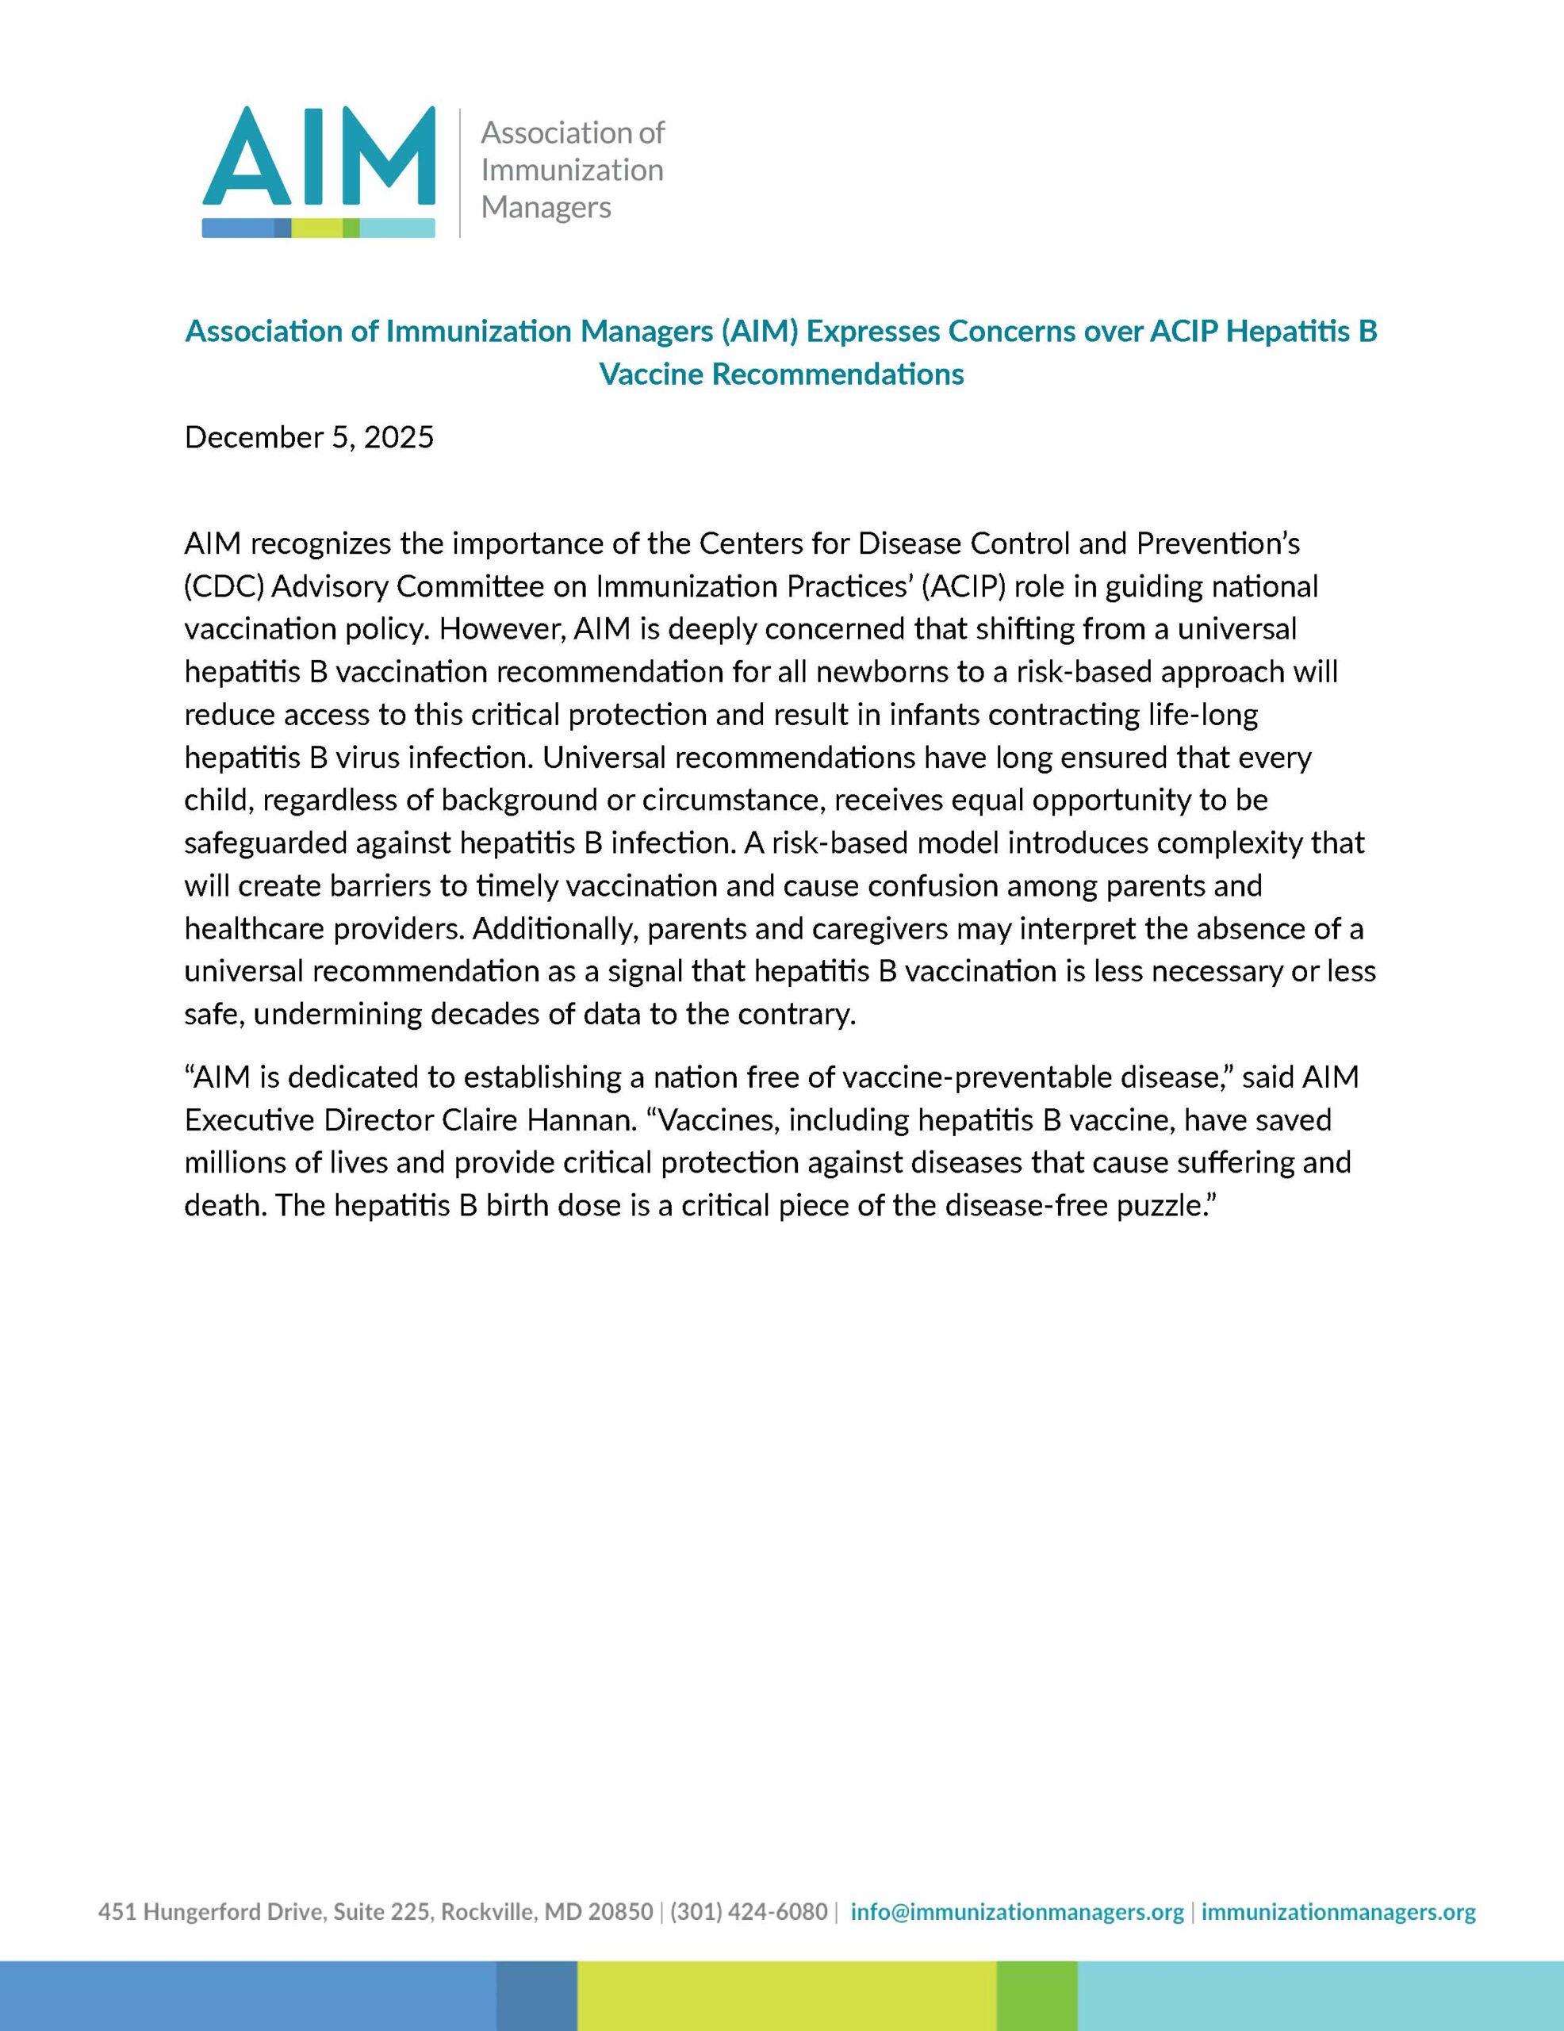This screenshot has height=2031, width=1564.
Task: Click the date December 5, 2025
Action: [x=309, y=437]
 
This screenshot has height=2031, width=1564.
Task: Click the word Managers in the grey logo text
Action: [x=546, y=206]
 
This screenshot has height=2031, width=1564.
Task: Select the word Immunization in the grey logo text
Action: [x=572, y=171]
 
